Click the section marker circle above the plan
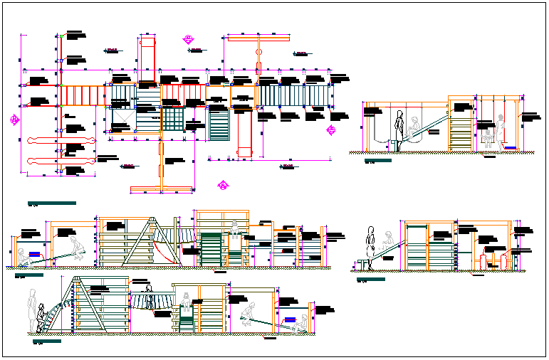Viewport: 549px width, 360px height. (x=189, y=39)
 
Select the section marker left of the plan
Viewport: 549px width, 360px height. (x=14, y=119)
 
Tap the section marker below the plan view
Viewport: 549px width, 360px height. (x=223, y=186)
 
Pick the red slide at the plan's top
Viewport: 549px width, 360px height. (x=147, y=61)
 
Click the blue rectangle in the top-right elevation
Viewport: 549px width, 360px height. (x=511, y=147)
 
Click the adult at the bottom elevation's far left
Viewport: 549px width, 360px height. (x=32, y=307)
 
